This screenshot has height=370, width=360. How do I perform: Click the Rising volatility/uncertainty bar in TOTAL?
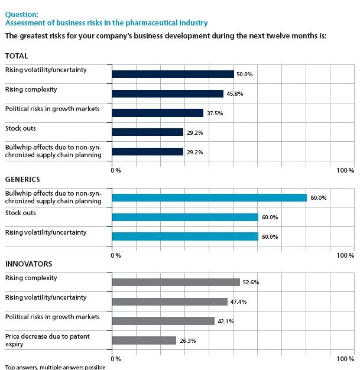pos(173,74)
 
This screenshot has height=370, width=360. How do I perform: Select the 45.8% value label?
pos(235,94)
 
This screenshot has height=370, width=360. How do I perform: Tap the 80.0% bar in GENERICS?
pos(209,198)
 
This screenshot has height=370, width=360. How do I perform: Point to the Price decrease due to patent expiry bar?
pos(144,340)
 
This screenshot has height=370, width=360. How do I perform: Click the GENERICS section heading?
pos(22,178)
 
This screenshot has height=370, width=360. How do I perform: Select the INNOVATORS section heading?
pos(28,264)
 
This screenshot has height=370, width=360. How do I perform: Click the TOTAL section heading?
pos(17,56)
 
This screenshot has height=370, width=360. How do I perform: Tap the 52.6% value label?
pos(251,283)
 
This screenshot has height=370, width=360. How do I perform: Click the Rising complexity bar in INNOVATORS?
pos(176,283)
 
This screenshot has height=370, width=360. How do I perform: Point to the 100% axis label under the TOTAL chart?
pos(345,170)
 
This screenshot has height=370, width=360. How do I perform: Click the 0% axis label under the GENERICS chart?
pos(116,255)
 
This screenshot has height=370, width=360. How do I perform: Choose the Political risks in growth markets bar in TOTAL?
pos(157,113)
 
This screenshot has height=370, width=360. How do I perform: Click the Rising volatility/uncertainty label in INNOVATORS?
pos(46,297)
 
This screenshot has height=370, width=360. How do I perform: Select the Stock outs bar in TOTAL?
pos(147,132)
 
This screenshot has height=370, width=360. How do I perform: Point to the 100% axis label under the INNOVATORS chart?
pos(345,359)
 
